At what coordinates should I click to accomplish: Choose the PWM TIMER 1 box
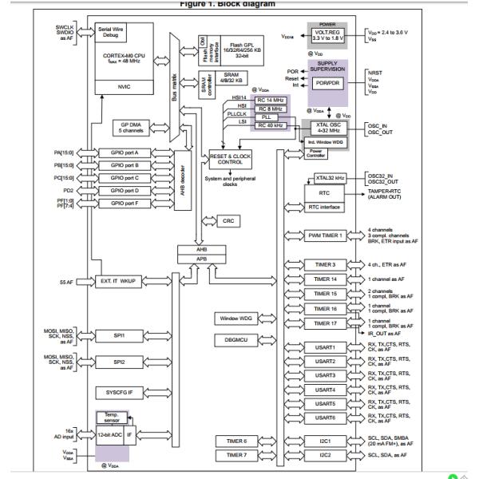pos(325,236)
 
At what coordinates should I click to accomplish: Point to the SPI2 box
pos(119,362)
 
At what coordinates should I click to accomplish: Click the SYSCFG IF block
pos(119,393)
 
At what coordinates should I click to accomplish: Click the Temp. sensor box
pos(111,418)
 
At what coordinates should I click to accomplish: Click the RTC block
pos(325,192)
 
